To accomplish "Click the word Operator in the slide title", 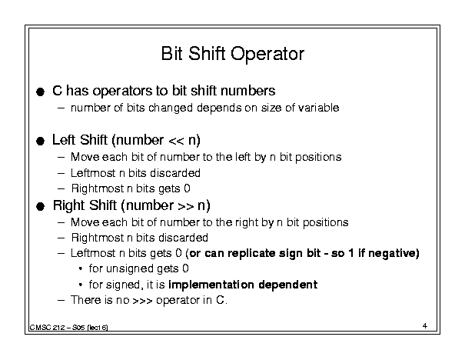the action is (x=267, y=55).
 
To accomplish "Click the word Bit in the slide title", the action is (x=171, y=53).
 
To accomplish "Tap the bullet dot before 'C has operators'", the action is (x=40, y=92).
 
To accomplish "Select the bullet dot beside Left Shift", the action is (x=40, y=141).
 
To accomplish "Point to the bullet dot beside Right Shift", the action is (x=40, y=206).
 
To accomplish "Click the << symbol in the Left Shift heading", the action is (x=176, y=141).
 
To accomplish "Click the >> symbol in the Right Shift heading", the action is (x=186, y=206).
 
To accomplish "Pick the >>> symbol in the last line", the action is (x=142, y=301).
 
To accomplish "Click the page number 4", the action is (x=425, y=326).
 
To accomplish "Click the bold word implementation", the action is (x=211, y=285).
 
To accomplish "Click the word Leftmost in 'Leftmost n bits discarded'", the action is (x=93, y=173).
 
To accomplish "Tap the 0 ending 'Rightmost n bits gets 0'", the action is (x=187, y=188).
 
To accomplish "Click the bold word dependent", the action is (x=288, y=285).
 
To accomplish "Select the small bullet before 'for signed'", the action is (x=81, y=285).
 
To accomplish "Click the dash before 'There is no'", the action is (x=61, y=300).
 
